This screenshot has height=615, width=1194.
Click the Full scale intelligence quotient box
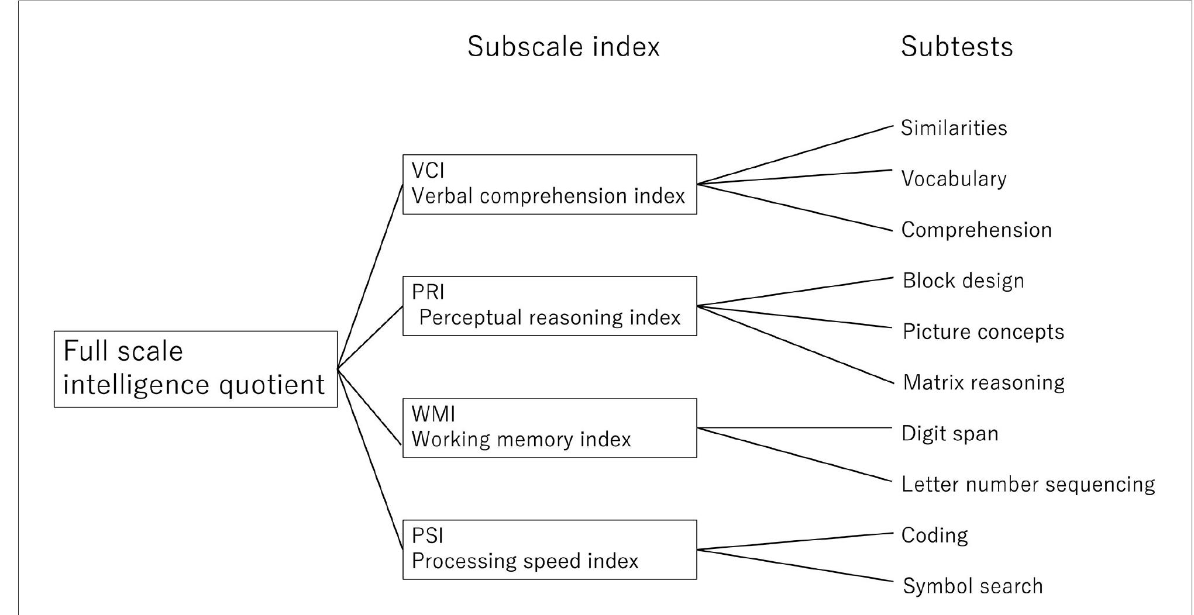click(x=195, y=369)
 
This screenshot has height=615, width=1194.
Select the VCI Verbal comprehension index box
click(x=549, y=184)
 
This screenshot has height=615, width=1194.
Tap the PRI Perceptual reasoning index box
click(x=549, y=306)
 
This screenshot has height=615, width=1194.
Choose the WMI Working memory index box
click(x=549, y=427)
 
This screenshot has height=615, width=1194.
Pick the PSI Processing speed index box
click(x=549, y=549)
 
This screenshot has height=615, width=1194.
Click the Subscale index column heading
click(x=563, y=47)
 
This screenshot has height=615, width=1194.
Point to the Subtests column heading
click(x=956, y=47)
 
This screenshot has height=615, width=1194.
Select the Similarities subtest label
click(x=954, y=128)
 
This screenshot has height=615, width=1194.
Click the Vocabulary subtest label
click(x=954, y=179)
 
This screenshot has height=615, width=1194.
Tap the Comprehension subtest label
click(x=976, y=230)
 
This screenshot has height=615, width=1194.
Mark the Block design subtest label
click(x=963, y=281)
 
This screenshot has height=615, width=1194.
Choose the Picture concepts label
click(x=983, y=331)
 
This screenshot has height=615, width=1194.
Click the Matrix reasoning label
click(x=983, y=382)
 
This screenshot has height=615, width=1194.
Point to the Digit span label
click(x=949, y=433)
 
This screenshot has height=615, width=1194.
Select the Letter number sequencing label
click(x=1028, y=484)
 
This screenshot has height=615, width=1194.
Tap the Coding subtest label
click(x=934, y=535)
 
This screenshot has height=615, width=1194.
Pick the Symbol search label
click(x=972, y=586)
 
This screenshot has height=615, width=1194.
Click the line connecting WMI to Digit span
click(x=796, y=428)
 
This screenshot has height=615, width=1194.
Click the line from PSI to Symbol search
click(x=796, y=566)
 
